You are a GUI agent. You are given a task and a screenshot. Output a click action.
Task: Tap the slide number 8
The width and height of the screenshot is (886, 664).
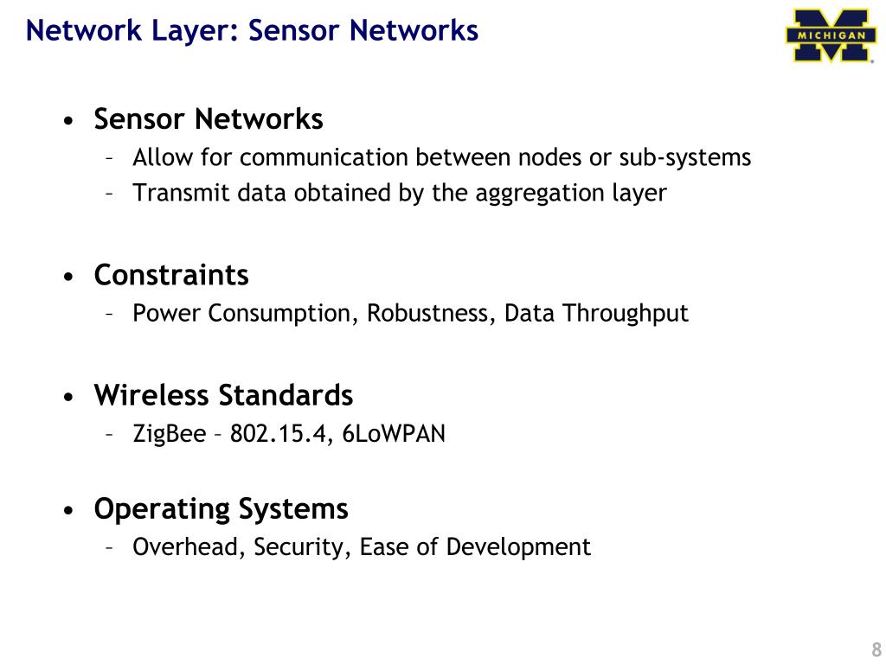pyautogui.click(x=876, y=650)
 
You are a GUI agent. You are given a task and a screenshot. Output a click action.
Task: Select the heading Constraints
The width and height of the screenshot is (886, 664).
pyautogui.click(x=171, y=275)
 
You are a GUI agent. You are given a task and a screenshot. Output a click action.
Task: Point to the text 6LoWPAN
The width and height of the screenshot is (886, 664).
pyautogui.click(x=394, y=433)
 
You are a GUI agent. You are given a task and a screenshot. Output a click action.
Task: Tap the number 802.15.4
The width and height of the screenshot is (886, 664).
pyautogui.click(x=281, y=433)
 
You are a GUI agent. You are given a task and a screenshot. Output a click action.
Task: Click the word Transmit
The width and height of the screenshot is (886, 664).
pyautogui.click(x=170, y=193)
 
